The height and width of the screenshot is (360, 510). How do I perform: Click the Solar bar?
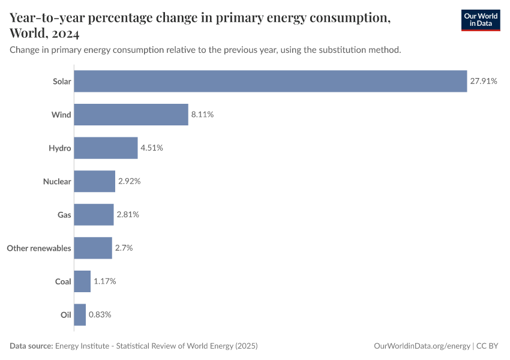[270, 81]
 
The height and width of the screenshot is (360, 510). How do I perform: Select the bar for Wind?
[131, 115]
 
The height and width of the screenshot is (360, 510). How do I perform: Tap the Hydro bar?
[106, 148]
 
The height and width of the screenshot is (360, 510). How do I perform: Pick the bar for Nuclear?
[94, 181]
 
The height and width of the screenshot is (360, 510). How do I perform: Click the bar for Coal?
[82, 281]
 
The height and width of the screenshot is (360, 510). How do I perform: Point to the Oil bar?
[80, 314]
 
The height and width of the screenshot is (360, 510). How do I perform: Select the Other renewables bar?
[93, 248]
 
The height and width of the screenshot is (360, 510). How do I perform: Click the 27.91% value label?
[484, 81]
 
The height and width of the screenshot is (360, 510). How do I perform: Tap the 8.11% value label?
[202, 115]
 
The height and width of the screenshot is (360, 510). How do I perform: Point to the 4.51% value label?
[152, 148]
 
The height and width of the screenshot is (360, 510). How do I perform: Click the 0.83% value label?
[100, 314]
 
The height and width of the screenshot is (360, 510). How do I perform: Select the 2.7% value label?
[125, 248]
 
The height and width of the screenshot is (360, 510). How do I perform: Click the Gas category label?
[64, 215]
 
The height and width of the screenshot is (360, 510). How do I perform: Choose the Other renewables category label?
[38, 248]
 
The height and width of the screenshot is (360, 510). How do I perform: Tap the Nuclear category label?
[57, 181]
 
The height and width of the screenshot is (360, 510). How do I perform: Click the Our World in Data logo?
[481, 20]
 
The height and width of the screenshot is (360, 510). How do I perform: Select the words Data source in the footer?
[31, 346]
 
